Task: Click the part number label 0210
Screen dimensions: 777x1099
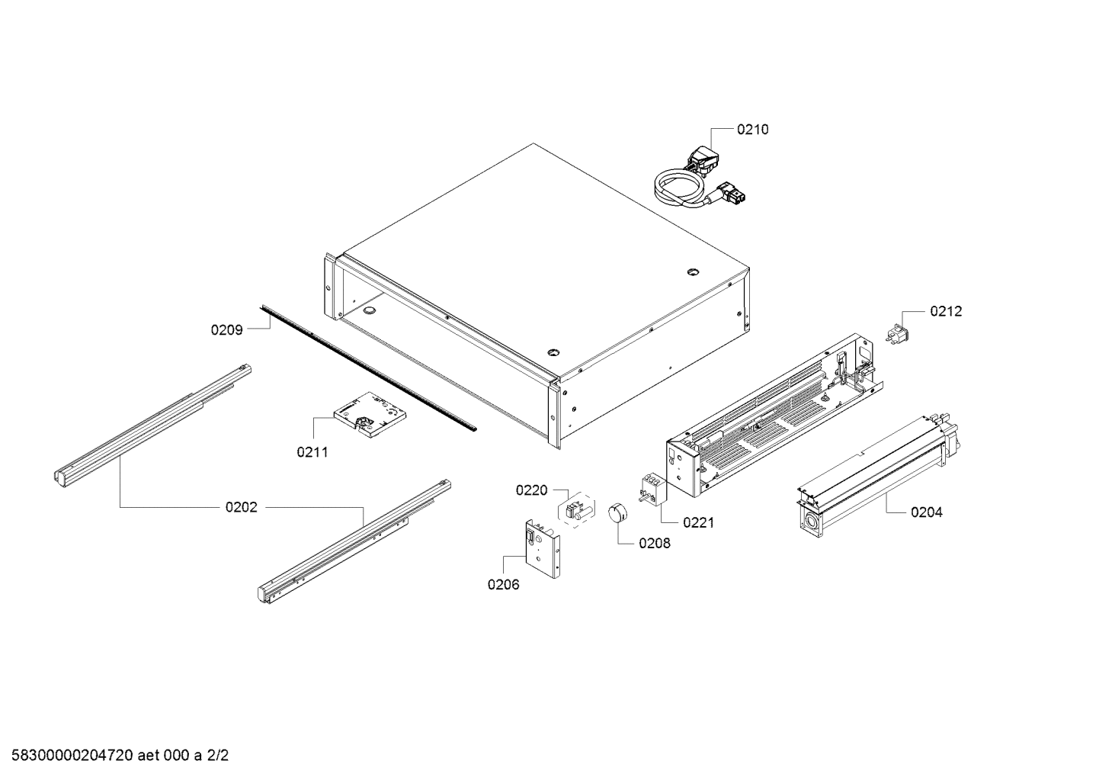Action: [752, 130]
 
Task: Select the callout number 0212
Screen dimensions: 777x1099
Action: [945, 311]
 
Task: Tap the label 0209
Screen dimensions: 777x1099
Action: [226, 330]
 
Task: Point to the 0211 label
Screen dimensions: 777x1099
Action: [312, 452]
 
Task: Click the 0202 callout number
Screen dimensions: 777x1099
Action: [241, 507]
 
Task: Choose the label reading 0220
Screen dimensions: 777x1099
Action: [531, 490]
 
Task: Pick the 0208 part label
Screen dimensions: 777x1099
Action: [655, 544]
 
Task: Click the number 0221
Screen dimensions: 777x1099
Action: [699, 522]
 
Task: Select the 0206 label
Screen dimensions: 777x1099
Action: [503, 585]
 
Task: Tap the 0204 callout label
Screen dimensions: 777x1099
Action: [926, 512]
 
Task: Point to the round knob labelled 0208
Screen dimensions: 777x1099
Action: [616, 513]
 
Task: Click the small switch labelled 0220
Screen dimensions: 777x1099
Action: [577, 510]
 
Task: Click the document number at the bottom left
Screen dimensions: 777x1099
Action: [114, 756]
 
